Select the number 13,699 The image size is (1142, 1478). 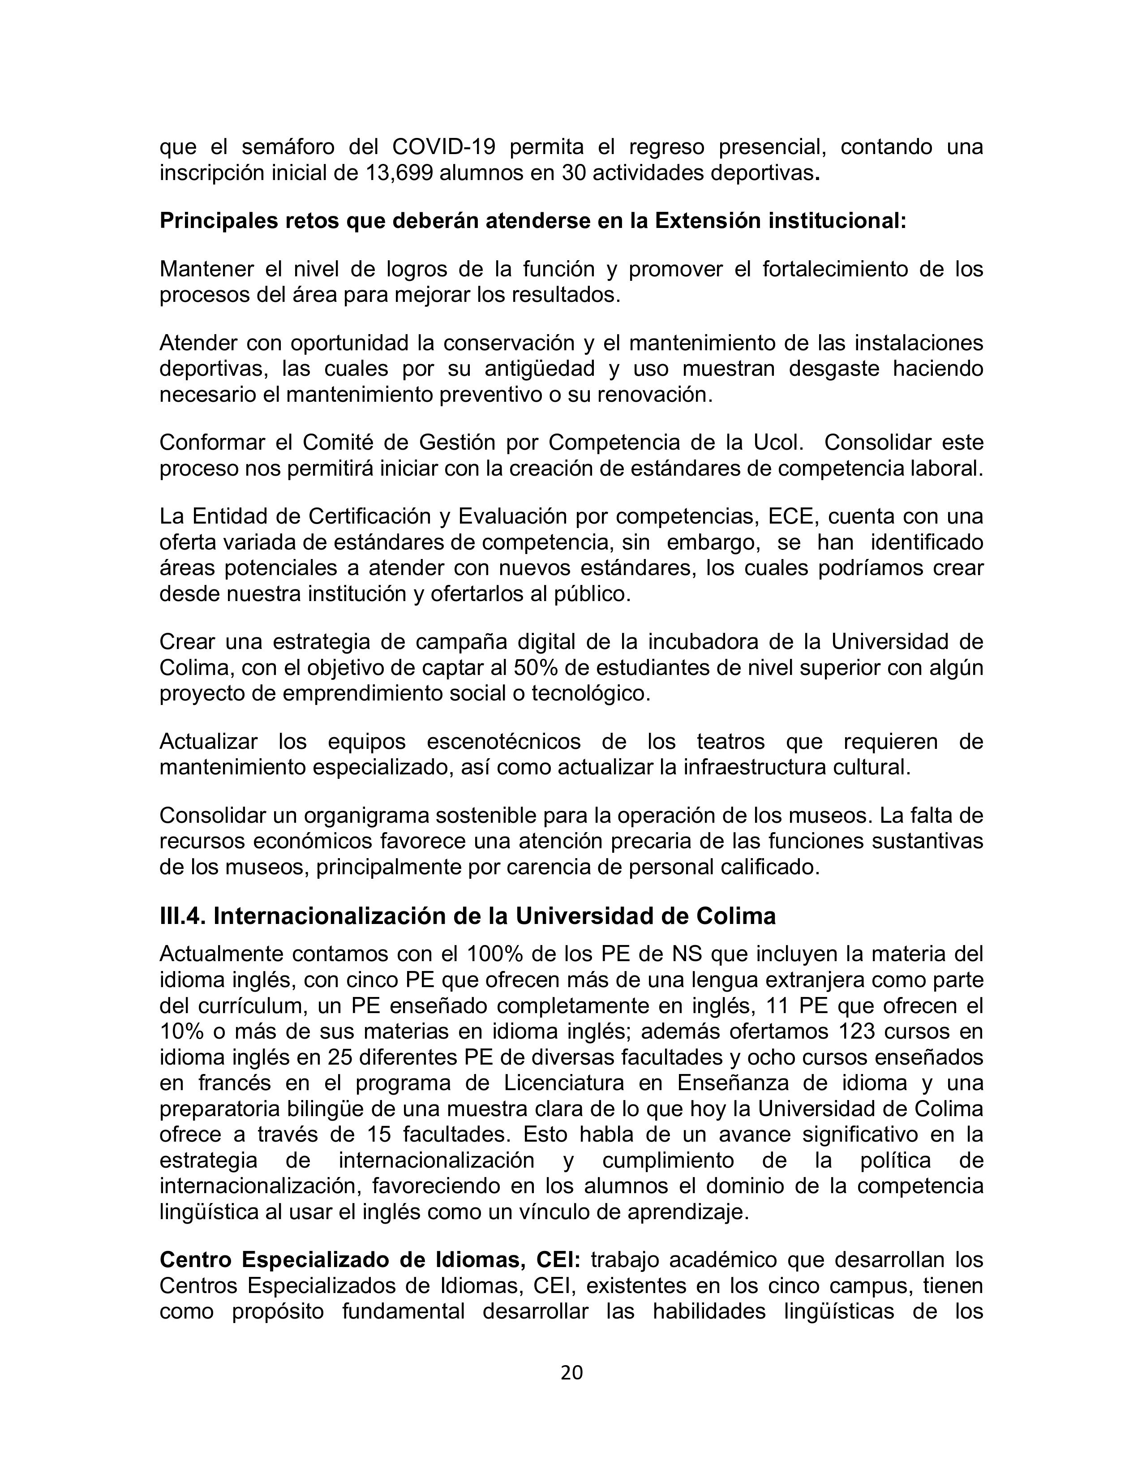tap(400, 173)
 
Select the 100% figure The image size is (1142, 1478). tap(493, 954)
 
